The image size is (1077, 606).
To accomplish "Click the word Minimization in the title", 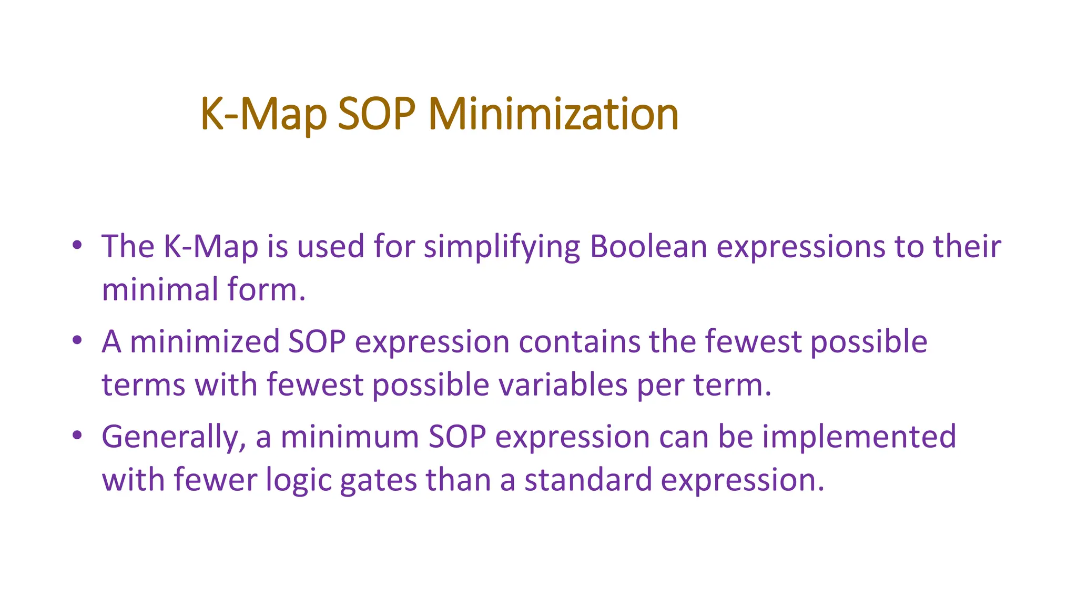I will pos(553,114).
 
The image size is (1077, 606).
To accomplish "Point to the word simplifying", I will pos(502,247).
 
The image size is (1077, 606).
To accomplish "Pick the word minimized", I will pos(204,342).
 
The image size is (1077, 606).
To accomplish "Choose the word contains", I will pos(580,341).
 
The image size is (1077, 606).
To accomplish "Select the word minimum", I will pos(350,437).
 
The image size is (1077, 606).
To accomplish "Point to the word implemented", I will pos(859,437).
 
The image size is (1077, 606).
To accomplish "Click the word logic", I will pos(298,480).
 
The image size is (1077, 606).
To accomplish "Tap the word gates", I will pos(378,480).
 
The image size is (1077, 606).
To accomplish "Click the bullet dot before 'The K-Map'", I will pos(77,245).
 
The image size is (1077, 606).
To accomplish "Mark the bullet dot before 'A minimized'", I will pos(77,340).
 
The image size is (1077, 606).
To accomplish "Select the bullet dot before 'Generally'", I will pos(77,436).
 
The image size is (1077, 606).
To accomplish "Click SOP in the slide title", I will pos(377,114).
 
